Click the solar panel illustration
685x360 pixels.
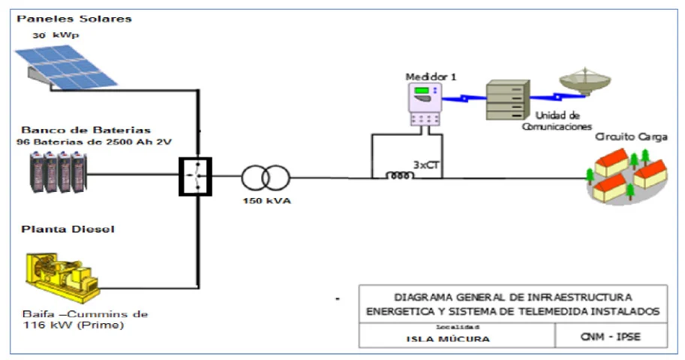(71, 66)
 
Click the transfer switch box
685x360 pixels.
(194, 177)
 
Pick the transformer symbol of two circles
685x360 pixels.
(264, 178)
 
